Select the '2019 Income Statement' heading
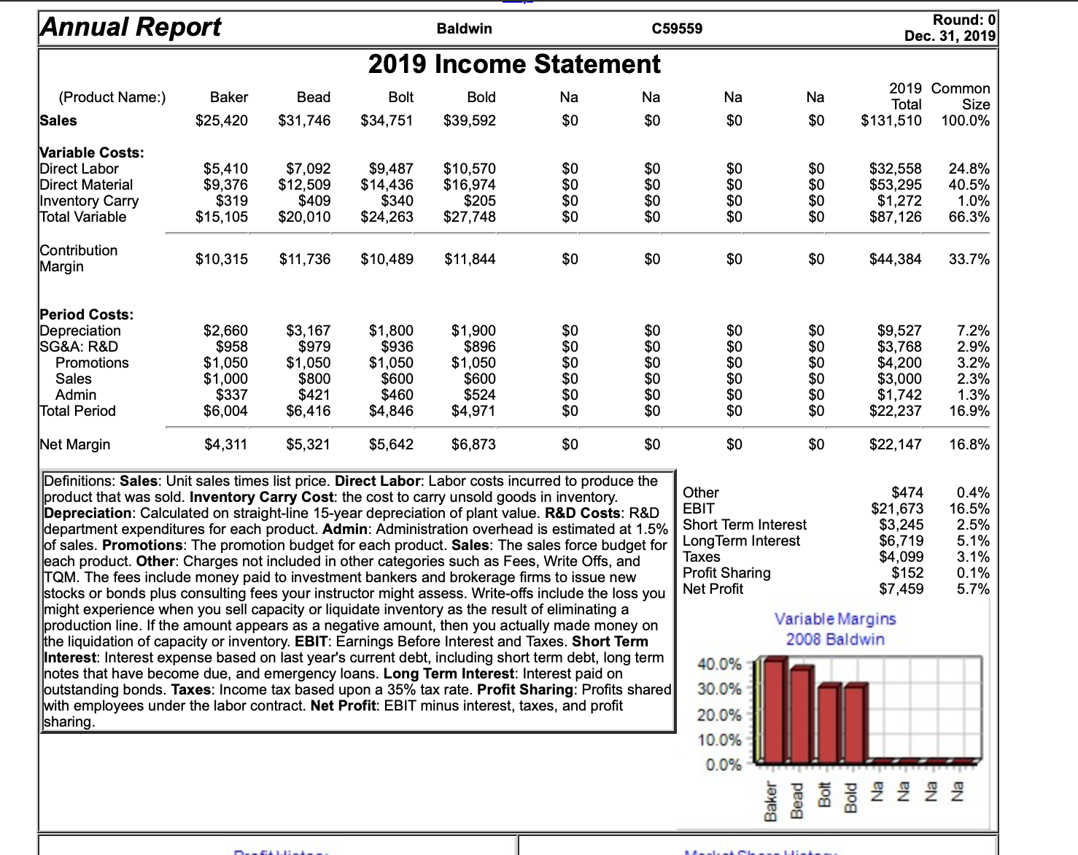[x=514, y=64]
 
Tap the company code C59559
[x=677, y=28]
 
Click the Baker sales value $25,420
[x=222, y=120]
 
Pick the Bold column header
[x=481, y=97]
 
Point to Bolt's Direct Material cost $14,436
[x=387, y=185]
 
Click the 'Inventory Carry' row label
[x=89, y=201]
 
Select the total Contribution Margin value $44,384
[x=895, y=259]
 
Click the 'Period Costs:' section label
[x=87, y=314]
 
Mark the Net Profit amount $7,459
[x=901, y=589]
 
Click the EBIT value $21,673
[x=897, y=508]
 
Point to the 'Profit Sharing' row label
[x=726, y=573]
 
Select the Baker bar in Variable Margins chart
[x=775, y=711]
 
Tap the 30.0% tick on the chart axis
[x=718, y=689]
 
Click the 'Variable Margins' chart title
[x=835, y=619]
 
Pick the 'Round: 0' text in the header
[x=963, y=20]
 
